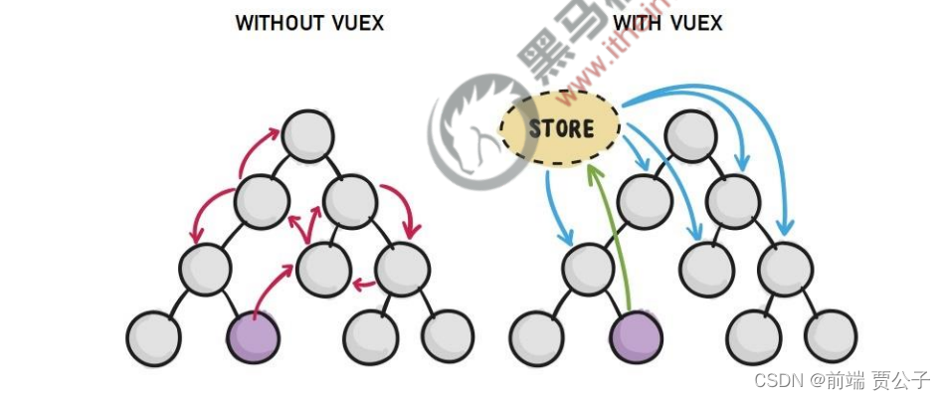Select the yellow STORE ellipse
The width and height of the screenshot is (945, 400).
pos(560,129)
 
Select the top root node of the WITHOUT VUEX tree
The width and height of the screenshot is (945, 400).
pos(306,135)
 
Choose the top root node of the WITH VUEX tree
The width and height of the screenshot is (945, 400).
pos(688,135)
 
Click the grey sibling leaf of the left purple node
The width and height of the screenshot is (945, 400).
pos(154,336)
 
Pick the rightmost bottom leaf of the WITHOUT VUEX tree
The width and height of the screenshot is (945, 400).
pos(448,336)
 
